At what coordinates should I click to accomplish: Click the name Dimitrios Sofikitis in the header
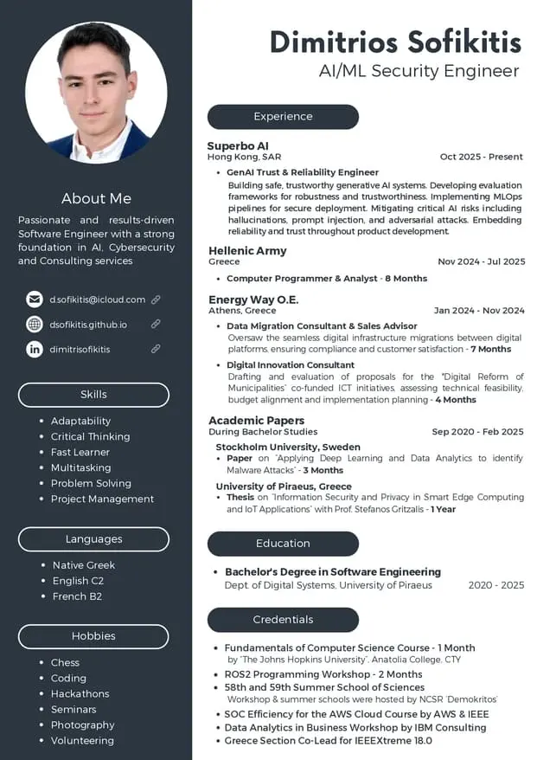pos(395,41)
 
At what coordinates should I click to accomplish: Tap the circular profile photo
pos(96,93)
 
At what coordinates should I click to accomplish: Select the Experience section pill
pos(283,116)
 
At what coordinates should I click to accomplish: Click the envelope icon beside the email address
pos(35,299)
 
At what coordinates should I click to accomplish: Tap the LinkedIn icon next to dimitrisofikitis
pos(35,349)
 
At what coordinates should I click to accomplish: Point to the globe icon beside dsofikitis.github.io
pos(35,325)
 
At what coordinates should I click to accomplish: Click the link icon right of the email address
pos(156,299)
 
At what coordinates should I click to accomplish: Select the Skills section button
pos(93,395)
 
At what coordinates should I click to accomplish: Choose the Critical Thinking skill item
pos(90,436)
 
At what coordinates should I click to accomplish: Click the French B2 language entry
pos(77,596)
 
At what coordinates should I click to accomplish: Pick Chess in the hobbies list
pos(65,662)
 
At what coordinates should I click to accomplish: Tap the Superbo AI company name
pos(239,145)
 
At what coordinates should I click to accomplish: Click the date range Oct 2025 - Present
pos(481,157)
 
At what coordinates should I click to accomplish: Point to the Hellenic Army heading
pos(247,250)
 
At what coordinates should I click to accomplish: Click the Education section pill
pos(283,544)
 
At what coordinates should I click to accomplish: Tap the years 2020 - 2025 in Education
pos(495,585)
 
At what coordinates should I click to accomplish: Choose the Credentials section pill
pos(283,620)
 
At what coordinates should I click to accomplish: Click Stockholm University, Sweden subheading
pos(288,447)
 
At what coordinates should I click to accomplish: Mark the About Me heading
pos(96,198)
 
